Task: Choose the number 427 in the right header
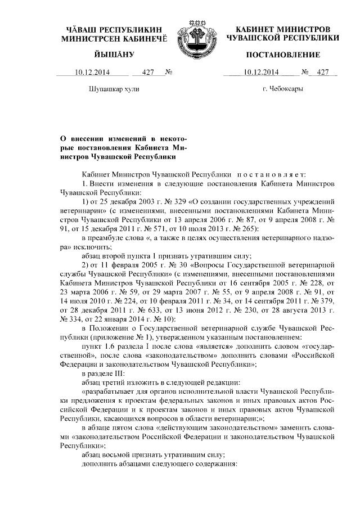pos(322,72)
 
